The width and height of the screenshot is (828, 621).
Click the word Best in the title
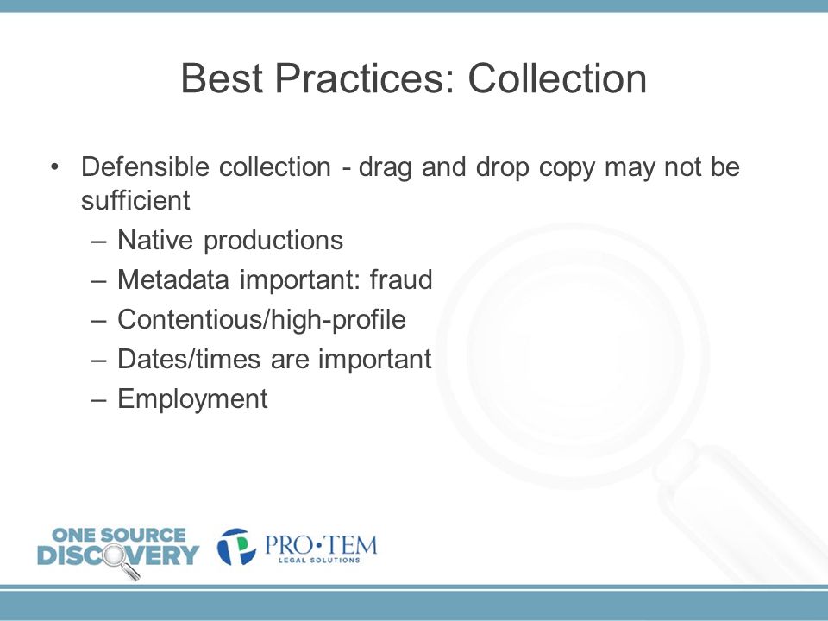[222, 78]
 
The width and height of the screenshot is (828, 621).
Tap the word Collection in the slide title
[557, 78]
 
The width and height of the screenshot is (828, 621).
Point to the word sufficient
[135, 200]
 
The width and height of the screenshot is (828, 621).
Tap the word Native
[155, 240]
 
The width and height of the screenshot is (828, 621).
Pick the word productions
[273, 241]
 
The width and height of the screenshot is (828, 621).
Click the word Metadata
[173, 279]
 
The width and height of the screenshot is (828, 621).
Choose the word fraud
[401, 279]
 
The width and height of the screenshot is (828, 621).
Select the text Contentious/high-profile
[261, 320]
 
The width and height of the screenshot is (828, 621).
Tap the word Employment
[192, 399]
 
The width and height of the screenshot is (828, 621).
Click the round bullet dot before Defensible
[54, 167]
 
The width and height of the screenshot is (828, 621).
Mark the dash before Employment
[98, 399]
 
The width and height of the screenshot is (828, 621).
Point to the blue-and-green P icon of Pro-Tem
[236, 547]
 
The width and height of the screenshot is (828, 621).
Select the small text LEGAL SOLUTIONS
[319, 560]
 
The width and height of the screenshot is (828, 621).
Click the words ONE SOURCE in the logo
[118, 535]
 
